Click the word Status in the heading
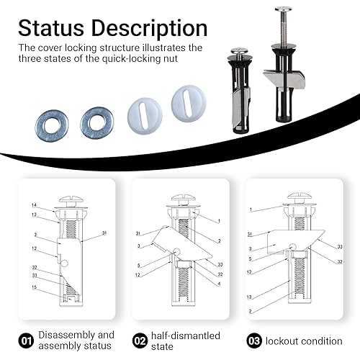51,28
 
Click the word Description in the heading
149,30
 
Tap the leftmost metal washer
52,125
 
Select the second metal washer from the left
97,122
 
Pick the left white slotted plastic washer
145,115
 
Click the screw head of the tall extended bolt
284,9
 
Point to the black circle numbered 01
26,341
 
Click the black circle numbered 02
140,341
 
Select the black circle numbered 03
254,341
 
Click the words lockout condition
304,341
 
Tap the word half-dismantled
186,336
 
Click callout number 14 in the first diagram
34,205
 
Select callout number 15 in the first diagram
35,287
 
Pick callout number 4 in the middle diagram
219,284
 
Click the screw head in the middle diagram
184,199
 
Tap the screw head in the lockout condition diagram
300,197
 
